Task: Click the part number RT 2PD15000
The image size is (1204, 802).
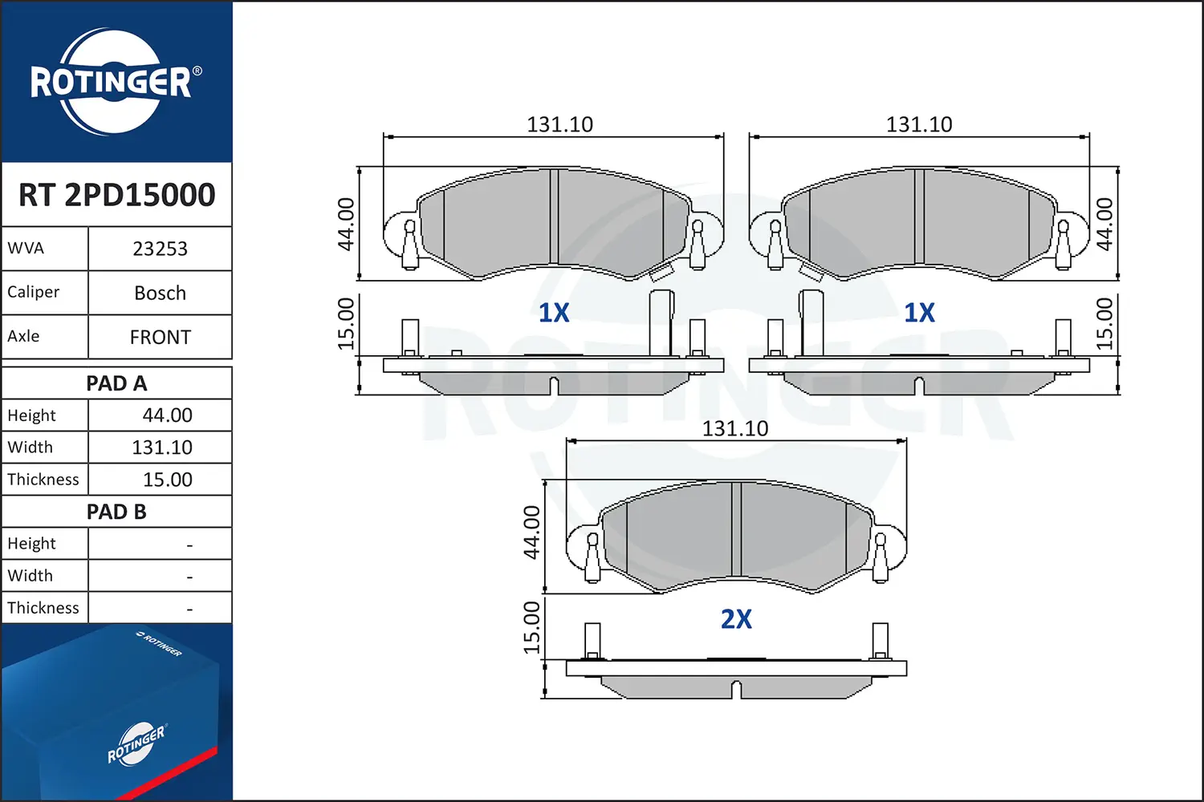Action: tap(116, 194)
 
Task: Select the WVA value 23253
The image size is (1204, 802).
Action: tap(160, 249)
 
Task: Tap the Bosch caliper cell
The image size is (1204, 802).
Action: tap(160, 293)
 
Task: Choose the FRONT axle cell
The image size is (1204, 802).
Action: tap(160, 337)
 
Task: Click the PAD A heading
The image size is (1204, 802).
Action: tap(116, 383)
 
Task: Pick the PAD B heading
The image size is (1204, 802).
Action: tap(116, 512)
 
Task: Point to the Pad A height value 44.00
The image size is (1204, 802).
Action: tap(167, 415)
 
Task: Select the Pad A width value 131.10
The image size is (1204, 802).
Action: tap(162, 448)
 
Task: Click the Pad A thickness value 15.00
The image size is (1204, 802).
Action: tap(167, 480)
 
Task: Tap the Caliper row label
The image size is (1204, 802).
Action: tap(34, 292)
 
